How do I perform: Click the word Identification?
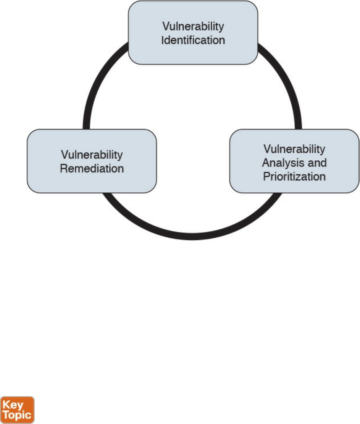pos(193,40)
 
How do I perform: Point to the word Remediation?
pos(92,168)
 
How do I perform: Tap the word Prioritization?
pos(294,177)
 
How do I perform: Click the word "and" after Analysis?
pos(317,163)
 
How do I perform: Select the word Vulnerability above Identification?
pos(193,27)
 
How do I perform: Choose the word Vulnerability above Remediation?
pos(92,155)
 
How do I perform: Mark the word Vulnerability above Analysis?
pos(294,149)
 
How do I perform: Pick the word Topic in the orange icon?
pos(18,414)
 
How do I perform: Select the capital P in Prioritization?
pos(265,177)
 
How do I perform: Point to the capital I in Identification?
pos(163,40)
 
